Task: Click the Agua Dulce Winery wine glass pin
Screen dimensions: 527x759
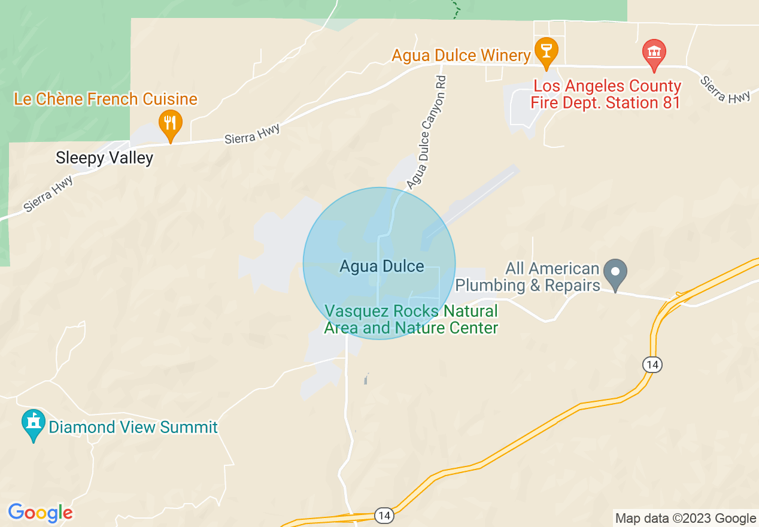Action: pyautogui.click(x=545, y=50)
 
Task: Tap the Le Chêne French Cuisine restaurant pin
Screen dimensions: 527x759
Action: pyautogui.click(x=171, y=123)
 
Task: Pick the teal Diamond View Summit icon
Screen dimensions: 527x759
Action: pyautogui.click(x=34, y=424)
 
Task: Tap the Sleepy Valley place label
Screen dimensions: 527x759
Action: pyautogui.click(x=104, y=158)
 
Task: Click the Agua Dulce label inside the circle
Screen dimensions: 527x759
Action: pyautogui.click(x=381, y=266)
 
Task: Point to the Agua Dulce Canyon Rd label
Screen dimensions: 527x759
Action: pyautogui.click(x=426, y=132)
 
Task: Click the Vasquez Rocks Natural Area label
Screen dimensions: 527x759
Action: pyautogui.click(x=411, y=320)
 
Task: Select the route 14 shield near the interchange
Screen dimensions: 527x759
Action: pyautogui.click(x=652, y=364)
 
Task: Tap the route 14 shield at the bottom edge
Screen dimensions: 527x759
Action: pyautogui.click(x=384, y=515)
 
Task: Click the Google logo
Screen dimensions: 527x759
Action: pyautogui.click(x=40, y=513)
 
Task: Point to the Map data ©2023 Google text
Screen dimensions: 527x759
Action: pyautogui.click(x=685, y=519)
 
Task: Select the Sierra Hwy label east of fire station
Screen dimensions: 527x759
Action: pyautogui.click(x=725, y=89)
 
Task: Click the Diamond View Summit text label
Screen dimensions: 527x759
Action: pyautogui.click(x=133, y=427)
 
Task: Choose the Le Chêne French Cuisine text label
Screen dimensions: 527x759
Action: pyautogui.click(x=105, y=99)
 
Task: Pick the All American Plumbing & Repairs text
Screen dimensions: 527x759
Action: pyautogui.click(x=527, y=277)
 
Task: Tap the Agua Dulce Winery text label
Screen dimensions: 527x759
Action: pyautogui.click(x=461, y=56)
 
